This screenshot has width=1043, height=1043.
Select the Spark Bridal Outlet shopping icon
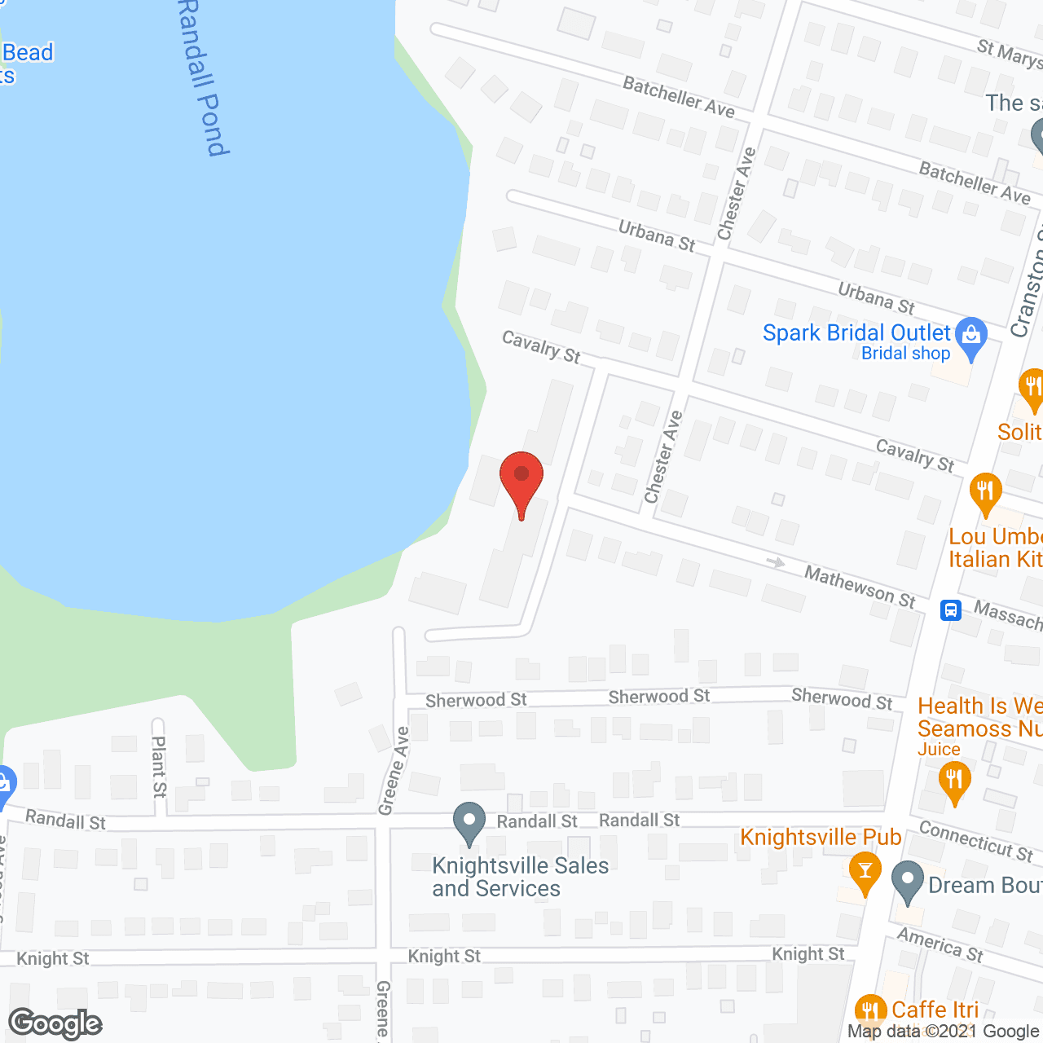click(x=970, y=337)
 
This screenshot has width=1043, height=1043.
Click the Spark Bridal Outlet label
click(x=856, y=333)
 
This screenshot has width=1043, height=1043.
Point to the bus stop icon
click(x=950, y=610)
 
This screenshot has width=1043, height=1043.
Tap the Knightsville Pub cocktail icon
click(x=865, y=870)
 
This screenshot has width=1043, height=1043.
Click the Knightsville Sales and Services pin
click(x=469, y=822)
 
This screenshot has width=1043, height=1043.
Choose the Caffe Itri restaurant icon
click(x=870, y=1011)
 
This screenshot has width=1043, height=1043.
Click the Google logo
click(x=55, y=1023)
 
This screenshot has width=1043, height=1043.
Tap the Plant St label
click(x=159, y=766)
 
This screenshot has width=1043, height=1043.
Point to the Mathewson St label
click(x=860, y=587)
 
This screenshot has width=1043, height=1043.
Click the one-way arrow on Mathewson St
click(x=776, y=562)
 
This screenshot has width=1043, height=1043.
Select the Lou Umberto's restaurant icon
click(x=985, y=492)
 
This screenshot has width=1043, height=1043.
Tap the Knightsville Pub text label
click(x=821, y=838)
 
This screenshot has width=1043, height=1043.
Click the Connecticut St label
click(x=975, y=840)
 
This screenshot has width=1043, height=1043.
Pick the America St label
click(x=940, y=944)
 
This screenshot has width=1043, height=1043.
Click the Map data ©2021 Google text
click(x=944, y=1031)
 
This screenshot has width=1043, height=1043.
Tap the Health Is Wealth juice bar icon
click(x=953, y=782)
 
